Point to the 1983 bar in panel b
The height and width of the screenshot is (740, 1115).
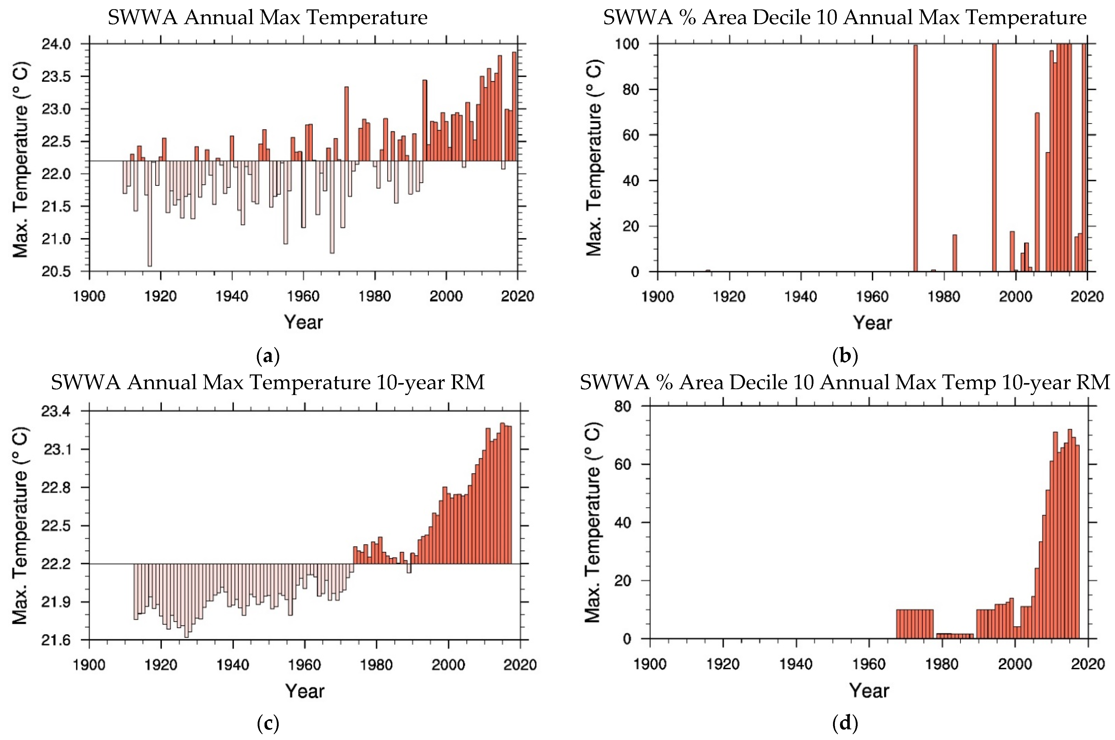click(954, 253)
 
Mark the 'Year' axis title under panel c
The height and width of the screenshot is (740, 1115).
click(305, 691)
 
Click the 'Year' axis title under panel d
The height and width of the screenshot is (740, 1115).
click(869, 691)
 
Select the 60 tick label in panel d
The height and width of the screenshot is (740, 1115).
click(622, 464)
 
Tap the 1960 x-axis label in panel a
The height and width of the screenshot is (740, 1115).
click(303, 297)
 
